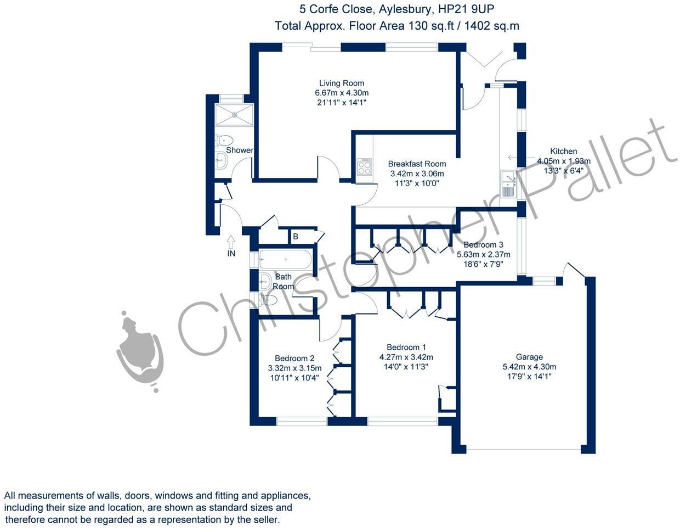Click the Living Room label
point(342,83)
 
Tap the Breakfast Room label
point(417,164)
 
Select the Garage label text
point(529,357)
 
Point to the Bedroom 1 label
point(406,347)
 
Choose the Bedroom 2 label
point(294,358)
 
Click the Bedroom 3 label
point(483,244)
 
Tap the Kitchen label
point(564,151)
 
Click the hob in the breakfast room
point(365,167)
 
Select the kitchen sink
point(508,184)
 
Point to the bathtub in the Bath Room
point(285,259)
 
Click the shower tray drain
point(234,115)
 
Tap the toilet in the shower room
point(224,140)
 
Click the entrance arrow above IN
point(231,242)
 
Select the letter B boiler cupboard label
point(296,237)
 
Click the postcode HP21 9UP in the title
point(466,9)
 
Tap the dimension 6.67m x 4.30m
point(342,93)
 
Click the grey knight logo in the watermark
point(140,351)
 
